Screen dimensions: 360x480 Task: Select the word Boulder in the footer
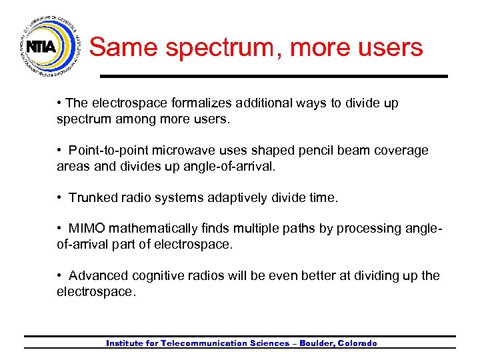click(x=316, y=343)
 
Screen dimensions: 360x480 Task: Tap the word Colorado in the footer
click(x=358, y=343)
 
